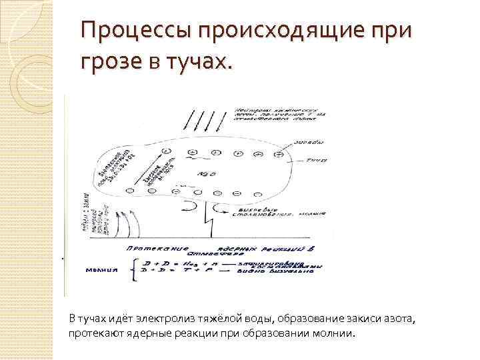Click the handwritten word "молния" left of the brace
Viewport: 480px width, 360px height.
tap(103, 270)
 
